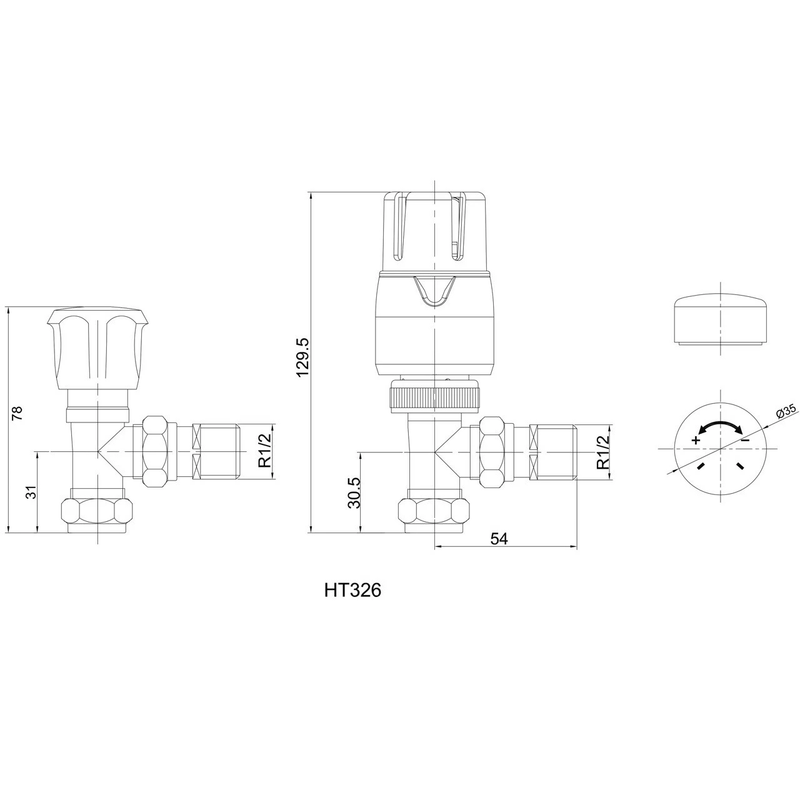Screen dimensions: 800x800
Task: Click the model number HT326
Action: pyautogui.click(x=352, y=590)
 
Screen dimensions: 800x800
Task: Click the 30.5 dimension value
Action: pyautogui.click(x=353, y=492)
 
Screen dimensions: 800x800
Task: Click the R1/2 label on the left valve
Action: pyautogui.click(x=265, y=452)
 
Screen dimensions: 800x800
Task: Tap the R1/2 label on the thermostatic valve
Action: pyautogui.click(x=602, y=452)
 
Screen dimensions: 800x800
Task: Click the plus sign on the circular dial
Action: pyautogui.click(x=696, y=440)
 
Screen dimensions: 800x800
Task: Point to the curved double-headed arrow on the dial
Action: pyautogui.click(x=720, y=426)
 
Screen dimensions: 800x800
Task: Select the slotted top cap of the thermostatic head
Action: pyautogui.click(x=434, y=231)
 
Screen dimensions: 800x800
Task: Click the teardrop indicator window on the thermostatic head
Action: pyautogui.click(x=434, y=292)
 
